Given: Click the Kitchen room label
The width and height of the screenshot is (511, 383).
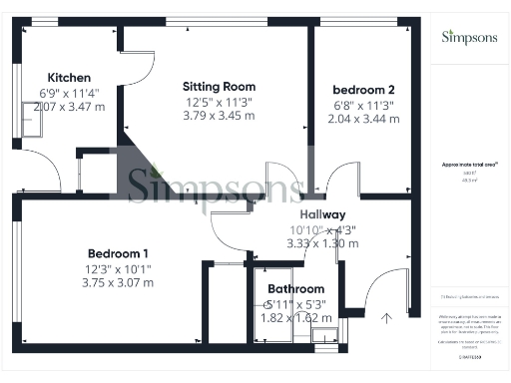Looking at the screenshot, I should tap(70, 78).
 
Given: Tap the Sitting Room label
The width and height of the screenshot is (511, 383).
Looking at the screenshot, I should tap(219, 87).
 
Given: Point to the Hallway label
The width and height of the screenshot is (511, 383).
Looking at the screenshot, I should tap(322, 214).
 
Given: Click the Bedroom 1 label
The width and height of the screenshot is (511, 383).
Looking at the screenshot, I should tap(118, 252).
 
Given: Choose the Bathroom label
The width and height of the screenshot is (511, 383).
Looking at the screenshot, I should tap(296, 289).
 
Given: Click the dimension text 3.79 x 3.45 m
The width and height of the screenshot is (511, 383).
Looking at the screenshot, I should tap(219, 116).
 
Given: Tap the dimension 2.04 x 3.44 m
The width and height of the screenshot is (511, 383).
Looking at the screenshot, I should tap(364, 119).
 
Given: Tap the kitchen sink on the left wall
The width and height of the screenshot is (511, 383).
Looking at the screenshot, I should tap(32, 121).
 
